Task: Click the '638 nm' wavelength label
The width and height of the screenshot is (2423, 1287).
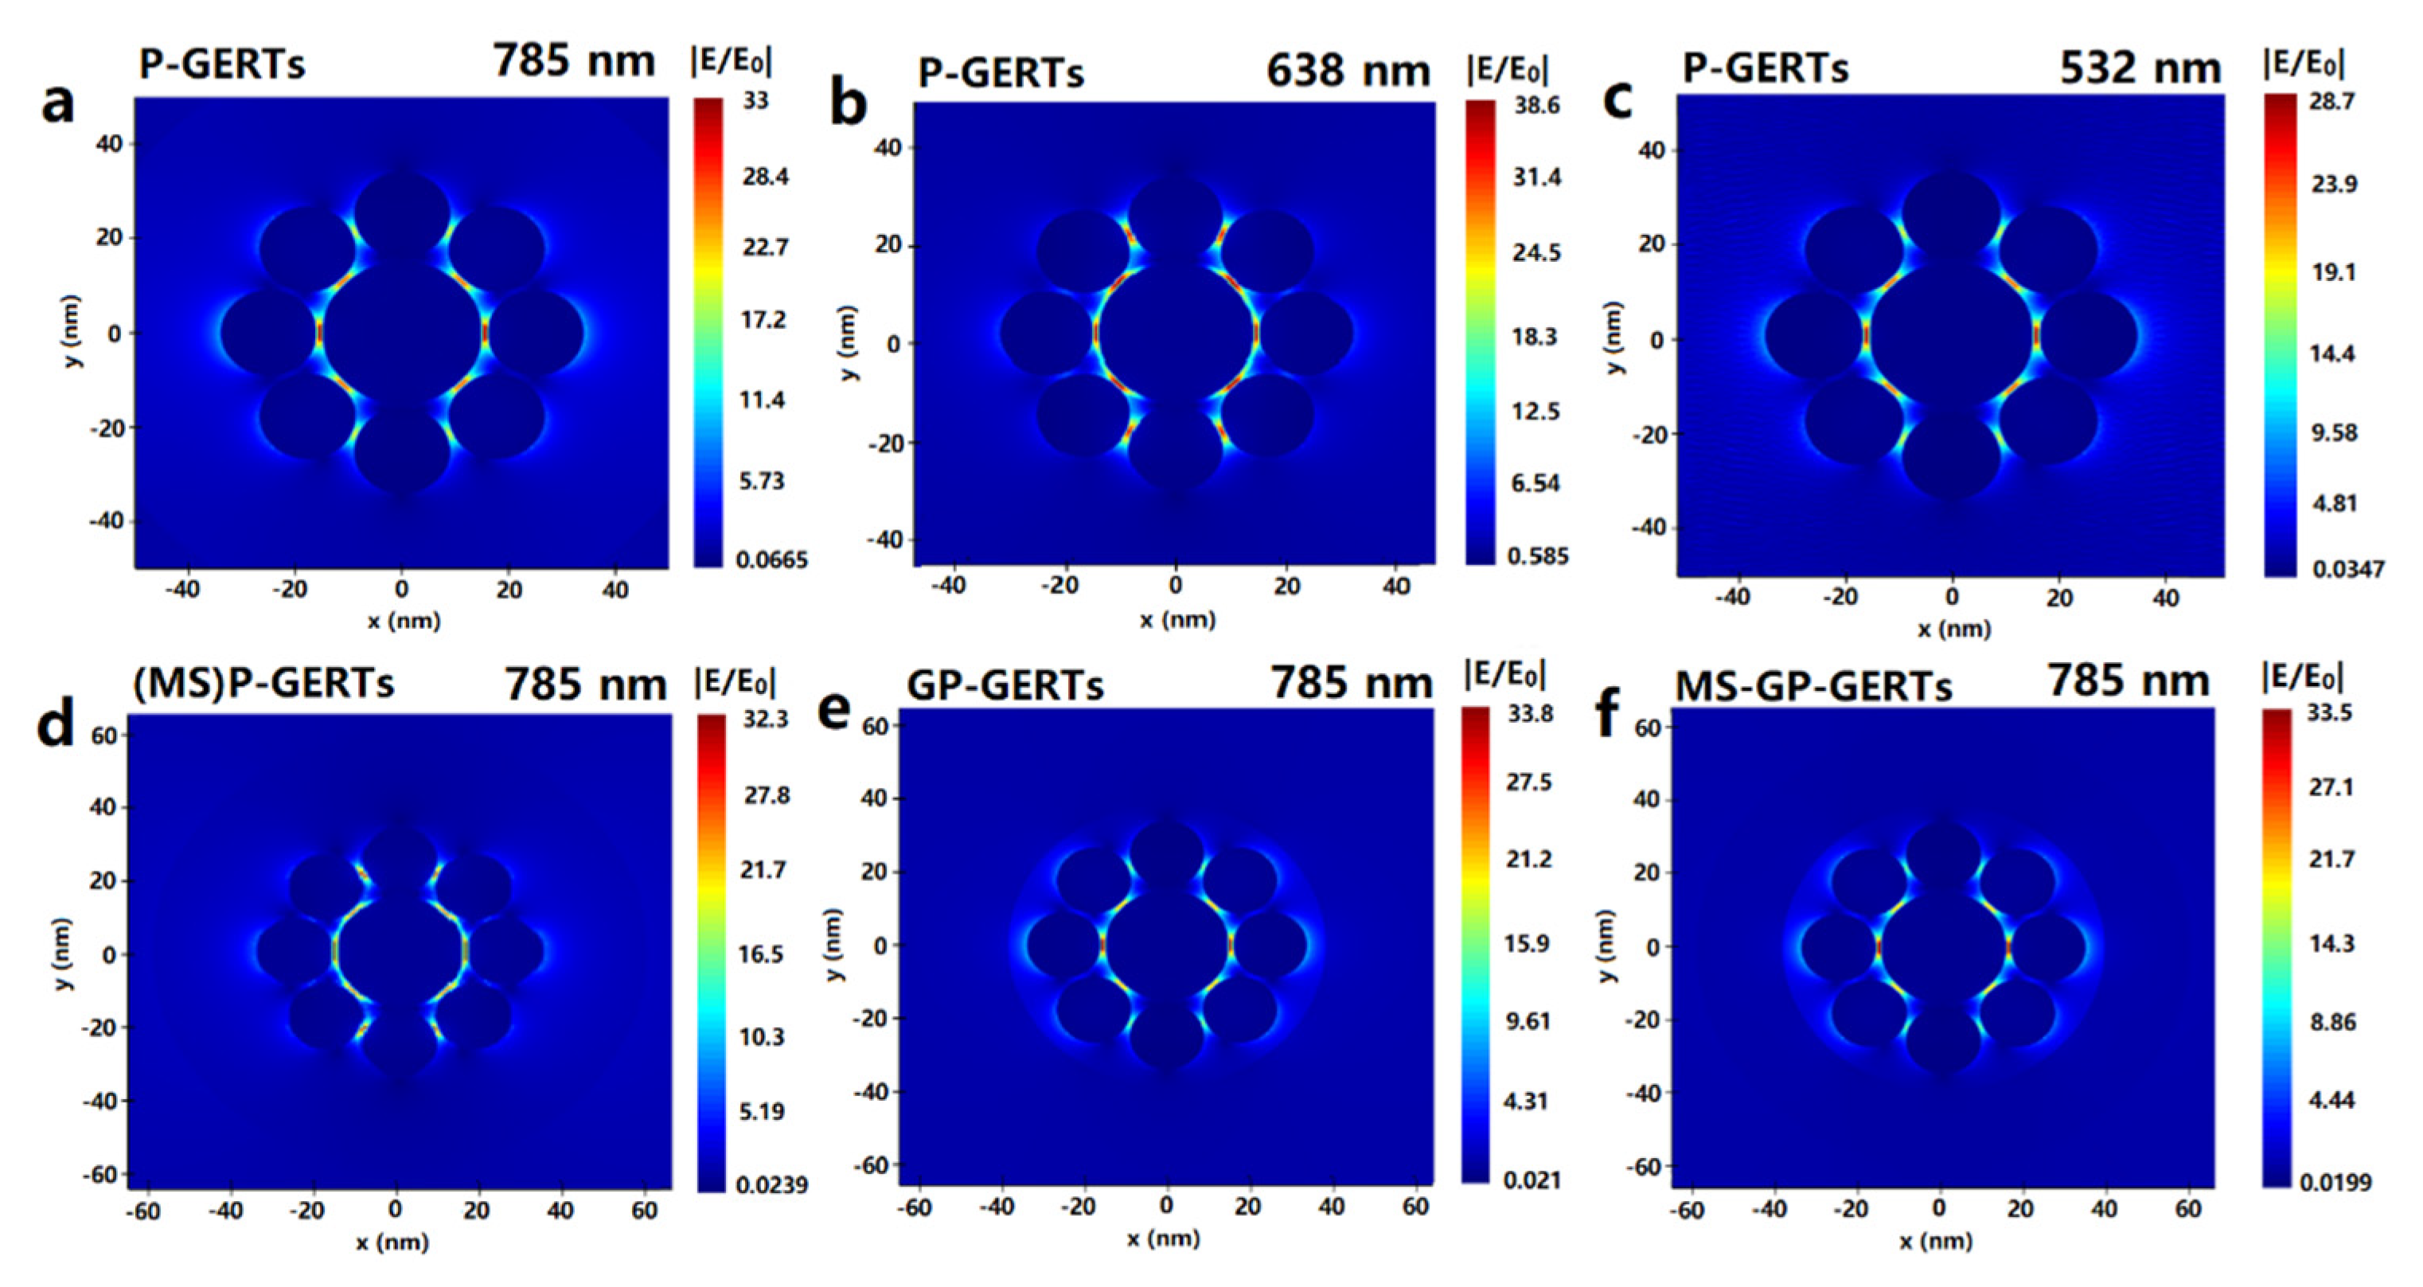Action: (x=1348, y=71)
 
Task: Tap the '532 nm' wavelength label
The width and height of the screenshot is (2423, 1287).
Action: (x=2140, y=68)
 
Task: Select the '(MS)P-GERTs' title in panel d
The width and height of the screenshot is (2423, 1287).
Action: (x=263, y=684)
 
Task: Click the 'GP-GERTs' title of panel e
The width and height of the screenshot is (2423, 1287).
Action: (x=1005, y=686)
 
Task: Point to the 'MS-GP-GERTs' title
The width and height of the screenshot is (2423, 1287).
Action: (x=1813, y=687)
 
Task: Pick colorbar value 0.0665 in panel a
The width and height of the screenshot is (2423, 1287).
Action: (x=771, y=560)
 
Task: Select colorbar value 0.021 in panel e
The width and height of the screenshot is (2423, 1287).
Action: (x=1532, y=1180)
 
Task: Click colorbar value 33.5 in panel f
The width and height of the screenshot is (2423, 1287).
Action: (x=2329, y=713)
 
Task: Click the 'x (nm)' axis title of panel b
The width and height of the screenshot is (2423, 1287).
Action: (x=1176, y=620)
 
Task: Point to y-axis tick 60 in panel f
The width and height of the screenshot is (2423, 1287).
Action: (x=1646, y=727)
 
